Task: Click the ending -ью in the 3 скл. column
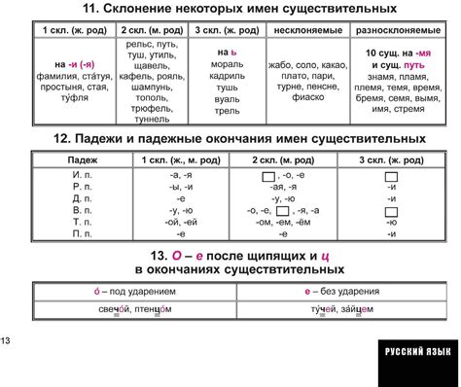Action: click(391, 222)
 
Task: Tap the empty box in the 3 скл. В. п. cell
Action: click(391, 210)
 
